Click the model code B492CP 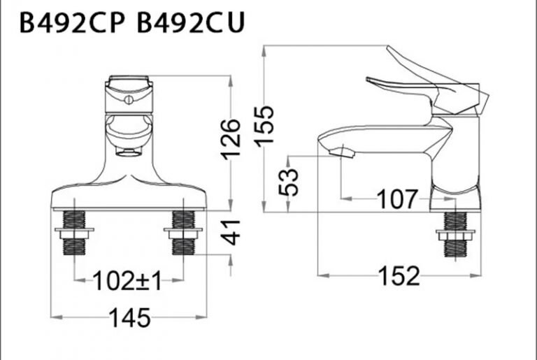(x=71, y=23)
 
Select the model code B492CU (x=190, y=23)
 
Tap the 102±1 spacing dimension (x=128, y=282)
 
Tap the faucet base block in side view (x=456, y=198)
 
